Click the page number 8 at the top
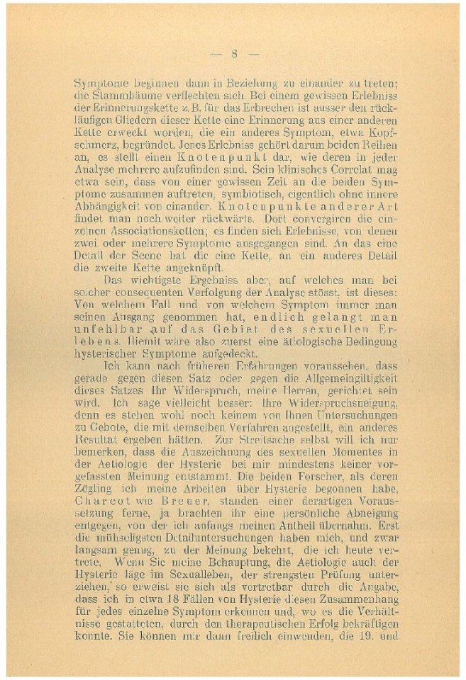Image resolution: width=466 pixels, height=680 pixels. [x=234, y=53]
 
